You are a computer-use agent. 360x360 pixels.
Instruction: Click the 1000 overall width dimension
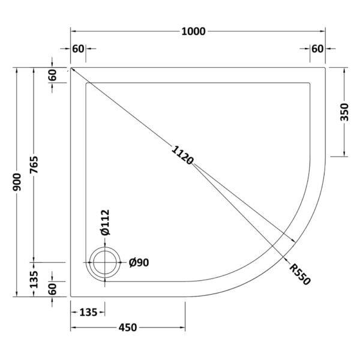[193, 31]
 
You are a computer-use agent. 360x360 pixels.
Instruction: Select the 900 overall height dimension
[17, 182]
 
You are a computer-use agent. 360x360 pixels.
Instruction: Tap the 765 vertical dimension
[34, 164]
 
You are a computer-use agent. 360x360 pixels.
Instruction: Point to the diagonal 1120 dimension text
[182, 155]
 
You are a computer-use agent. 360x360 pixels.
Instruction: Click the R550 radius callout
[300, 274]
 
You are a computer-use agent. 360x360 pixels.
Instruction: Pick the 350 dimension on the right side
[344, 112]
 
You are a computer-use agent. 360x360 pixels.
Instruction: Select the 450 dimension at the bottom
[128, 328]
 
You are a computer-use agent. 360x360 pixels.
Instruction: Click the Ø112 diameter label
[105, 223]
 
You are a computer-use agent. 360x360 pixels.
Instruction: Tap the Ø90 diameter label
[139, 262]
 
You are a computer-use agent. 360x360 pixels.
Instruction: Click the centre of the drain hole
[105, 262]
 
